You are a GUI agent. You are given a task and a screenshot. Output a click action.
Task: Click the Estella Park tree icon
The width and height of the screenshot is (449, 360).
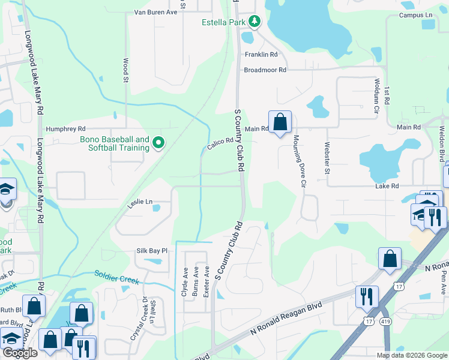click(x=255, y=22)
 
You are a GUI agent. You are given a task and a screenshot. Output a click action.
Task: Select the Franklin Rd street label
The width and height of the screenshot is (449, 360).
click(x=261, y=55)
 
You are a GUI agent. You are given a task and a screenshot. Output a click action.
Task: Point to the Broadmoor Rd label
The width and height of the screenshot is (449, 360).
click(x=265, y=70)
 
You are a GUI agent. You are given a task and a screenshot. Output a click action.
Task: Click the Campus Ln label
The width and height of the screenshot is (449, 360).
click(x=415, y=14)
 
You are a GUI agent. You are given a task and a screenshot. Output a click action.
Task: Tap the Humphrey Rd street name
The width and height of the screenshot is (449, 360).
click(x=66, y=129)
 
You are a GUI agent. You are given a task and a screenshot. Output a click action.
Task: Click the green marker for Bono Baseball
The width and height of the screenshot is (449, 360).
click(x=158, y=143)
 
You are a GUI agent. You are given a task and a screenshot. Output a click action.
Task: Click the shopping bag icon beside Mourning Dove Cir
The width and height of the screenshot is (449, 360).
click(x=280, y=122)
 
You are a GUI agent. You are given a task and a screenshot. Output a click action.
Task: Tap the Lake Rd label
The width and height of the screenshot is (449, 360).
click(x=387, y=187)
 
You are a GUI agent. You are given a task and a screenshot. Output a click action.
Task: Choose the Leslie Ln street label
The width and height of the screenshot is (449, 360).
click(x=140, y=203)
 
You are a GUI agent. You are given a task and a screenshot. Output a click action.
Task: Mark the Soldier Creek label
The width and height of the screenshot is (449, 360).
click(x=116, y=277)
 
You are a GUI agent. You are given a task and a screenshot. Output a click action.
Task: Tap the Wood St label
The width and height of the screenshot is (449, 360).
click(x=126, y=70)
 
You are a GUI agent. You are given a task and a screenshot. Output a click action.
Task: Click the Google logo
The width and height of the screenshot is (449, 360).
click(x=19, y=353)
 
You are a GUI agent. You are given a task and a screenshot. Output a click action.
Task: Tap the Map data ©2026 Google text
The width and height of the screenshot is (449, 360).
click(x=411, y=355)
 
